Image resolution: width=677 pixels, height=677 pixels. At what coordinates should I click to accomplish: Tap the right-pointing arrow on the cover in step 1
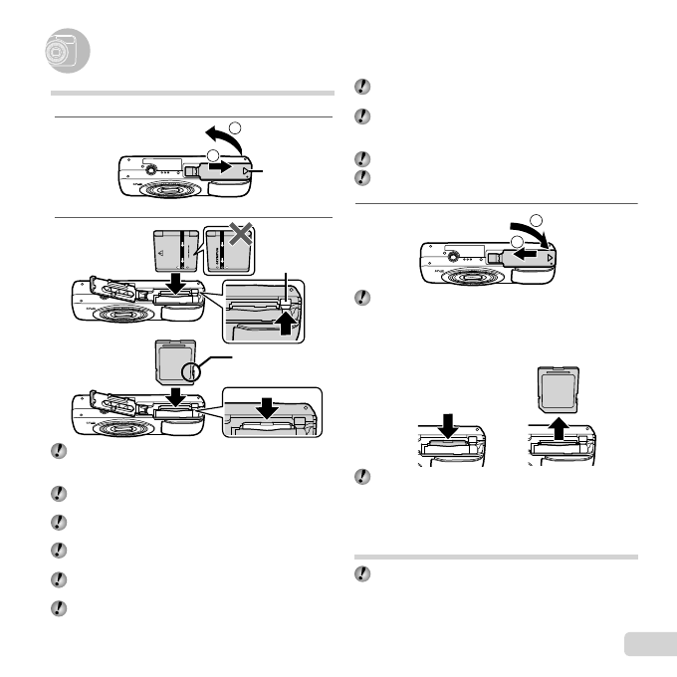coord(224,167)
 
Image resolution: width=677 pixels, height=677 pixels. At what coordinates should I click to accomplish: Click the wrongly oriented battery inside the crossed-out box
coord(227,252)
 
